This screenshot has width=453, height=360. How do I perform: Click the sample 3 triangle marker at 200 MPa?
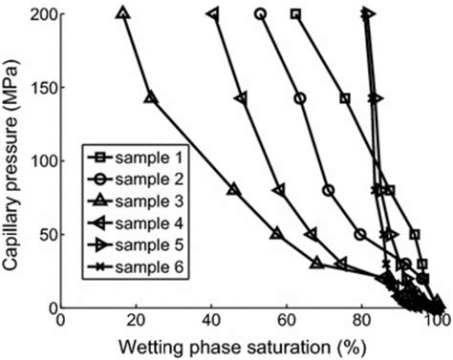pos(122,13)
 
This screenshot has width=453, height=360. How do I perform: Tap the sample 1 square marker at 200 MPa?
pos(295,14)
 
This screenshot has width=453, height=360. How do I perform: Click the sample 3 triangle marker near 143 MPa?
pos(149,98)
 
